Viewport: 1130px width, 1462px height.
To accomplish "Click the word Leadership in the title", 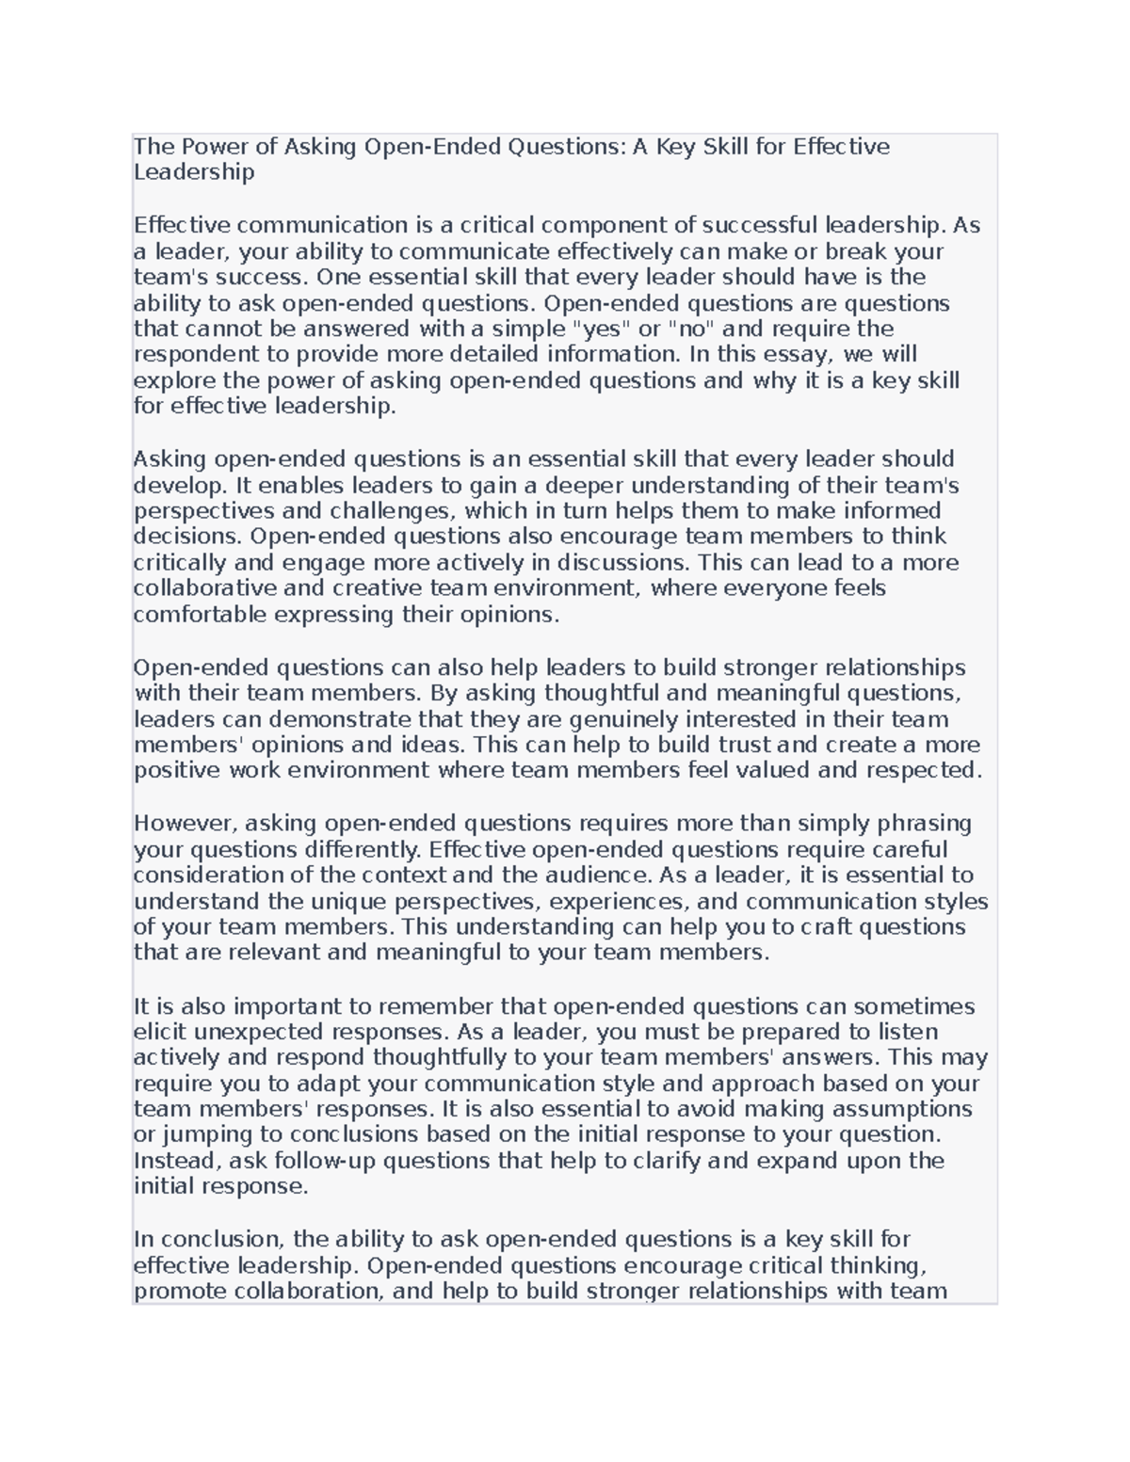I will click(x=194, y=172).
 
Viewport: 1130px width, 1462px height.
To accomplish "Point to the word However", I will click(x=186, y=824).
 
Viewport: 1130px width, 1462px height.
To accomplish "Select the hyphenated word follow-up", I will click(x=321, y=1161).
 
